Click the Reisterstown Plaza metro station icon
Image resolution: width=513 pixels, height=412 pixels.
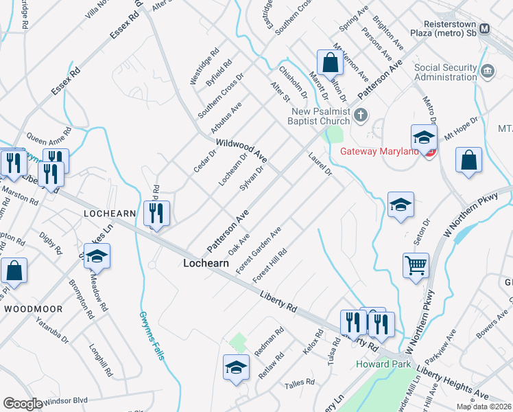pos(485,29)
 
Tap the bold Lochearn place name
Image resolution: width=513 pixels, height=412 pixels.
pos(206,263)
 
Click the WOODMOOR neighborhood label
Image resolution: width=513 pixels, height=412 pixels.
pos(33,309)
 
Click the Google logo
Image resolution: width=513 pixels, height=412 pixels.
pos(23,404)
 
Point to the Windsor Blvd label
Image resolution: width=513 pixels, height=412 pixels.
pos(67,400)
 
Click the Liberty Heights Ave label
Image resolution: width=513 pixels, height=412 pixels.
pos(451,384)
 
